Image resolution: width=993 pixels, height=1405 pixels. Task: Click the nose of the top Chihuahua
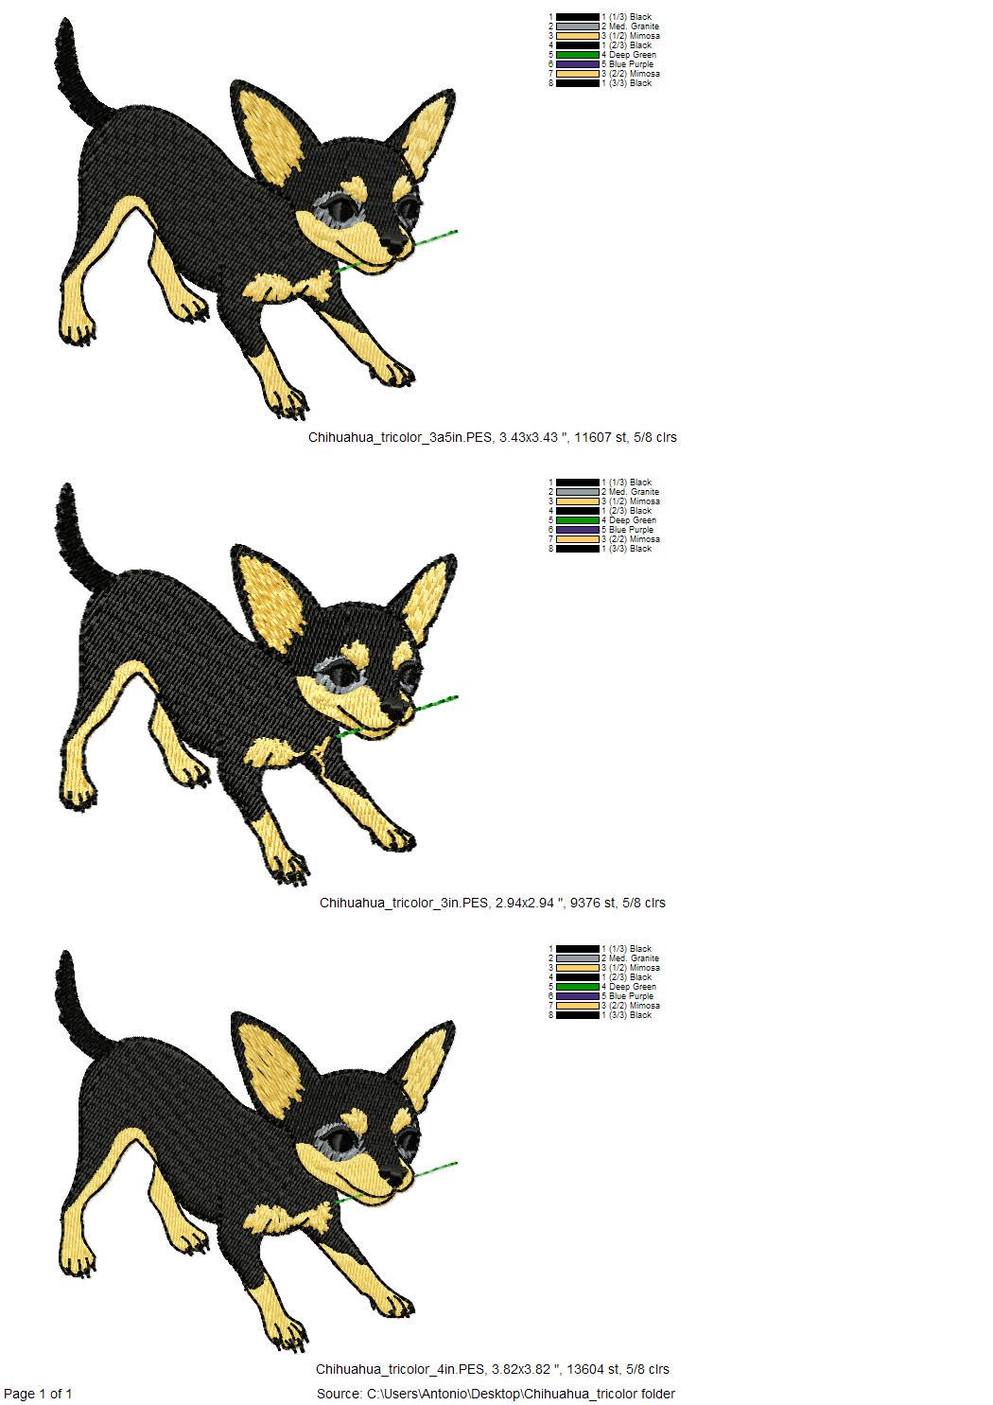coord(397,241)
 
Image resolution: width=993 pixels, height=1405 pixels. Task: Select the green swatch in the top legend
coord(578,55)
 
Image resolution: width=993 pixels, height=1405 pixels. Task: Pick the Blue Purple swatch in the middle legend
coord(578,530)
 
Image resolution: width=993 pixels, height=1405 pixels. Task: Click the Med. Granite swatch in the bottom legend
coord(578,958)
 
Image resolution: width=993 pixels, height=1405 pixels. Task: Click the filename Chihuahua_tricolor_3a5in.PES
coord(400,437)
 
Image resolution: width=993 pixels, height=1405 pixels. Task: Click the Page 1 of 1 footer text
coord(38,1393)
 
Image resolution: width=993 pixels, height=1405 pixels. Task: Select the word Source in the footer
coord(338,1394)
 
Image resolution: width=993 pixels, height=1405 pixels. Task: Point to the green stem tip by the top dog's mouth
coord(457,232)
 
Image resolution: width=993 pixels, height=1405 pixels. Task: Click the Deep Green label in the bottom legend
coord(633,987)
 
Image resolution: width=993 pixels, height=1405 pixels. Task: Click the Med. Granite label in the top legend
coord(634,26)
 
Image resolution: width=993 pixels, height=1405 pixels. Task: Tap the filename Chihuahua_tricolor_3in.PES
coord(403,904)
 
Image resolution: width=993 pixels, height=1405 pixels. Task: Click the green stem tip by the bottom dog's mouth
coord(457,1164)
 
